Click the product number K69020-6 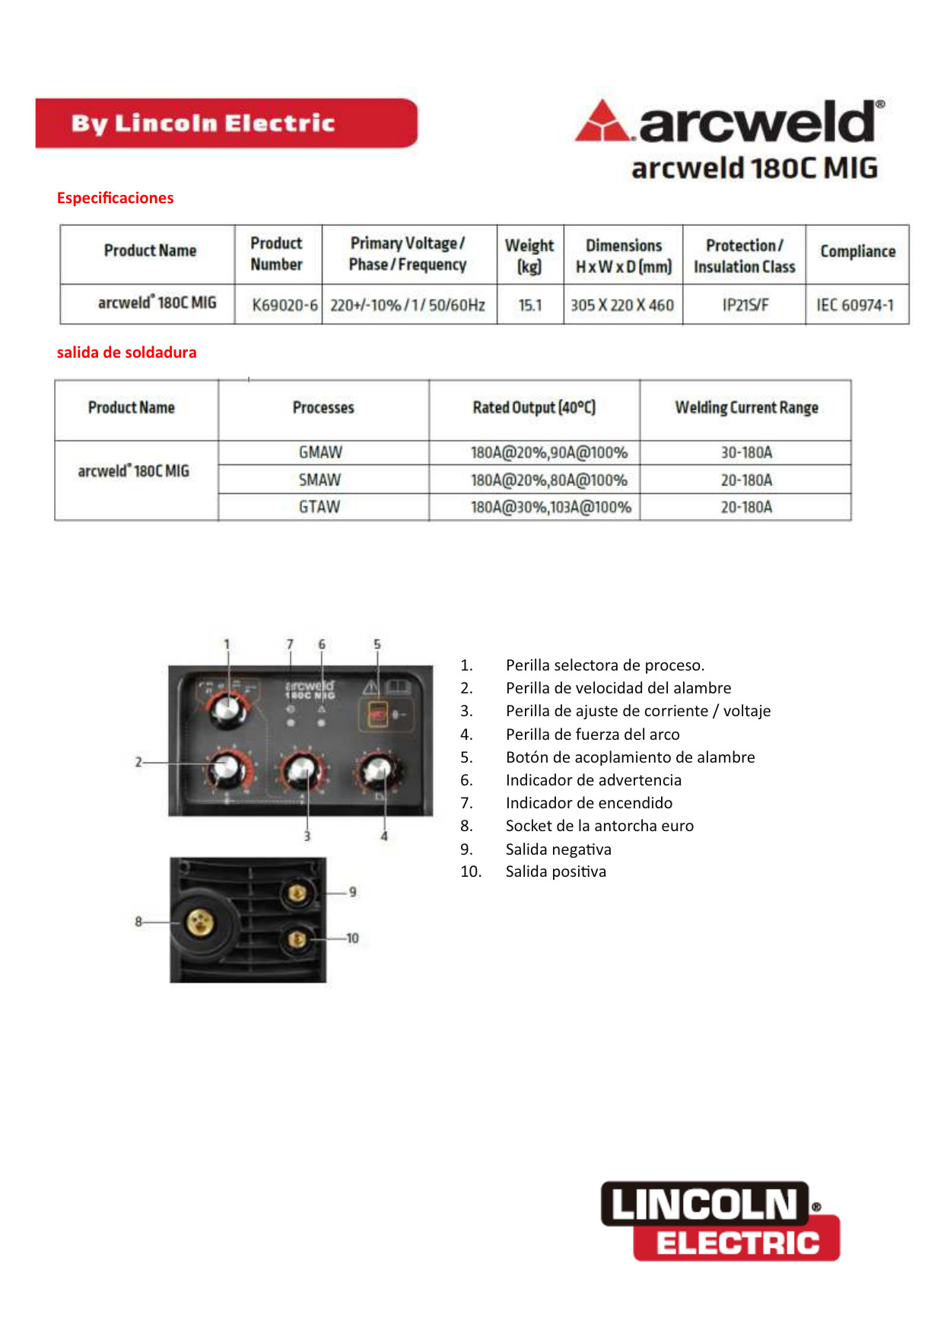pyautogui.click(x=284, y=305)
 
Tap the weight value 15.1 pyautogui.click(x=530, y=305)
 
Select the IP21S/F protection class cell pyautogui.click(x=745, y=305)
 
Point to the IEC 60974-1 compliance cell pyautogui.click(x=856, y=305)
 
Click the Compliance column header pyautogui.click(x=857, y=251)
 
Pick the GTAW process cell pyautogui.click(x=319, y=507)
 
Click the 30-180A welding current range pyautogui.click(x=746, y=452)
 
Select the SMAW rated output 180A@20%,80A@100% pyautogui.click(x=548, y=480)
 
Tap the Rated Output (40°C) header pyautogui.click(x=534, y=407)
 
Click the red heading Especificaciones pyautogui.click(x=115, y=198)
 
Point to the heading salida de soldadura pyautogui.click(x=126, y=352)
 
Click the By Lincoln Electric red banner pyautogui.click(x=226, y=123)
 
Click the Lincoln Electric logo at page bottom pyautogui.click(x=720, y=1220)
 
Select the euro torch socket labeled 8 pyautogui.click(x=200, y=922)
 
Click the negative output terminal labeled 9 pyautogui.click(x=297, y=893)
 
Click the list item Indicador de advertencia pyautogui.click(x=593, y=780)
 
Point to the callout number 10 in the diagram pyautogui.click(x=352, y=938)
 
